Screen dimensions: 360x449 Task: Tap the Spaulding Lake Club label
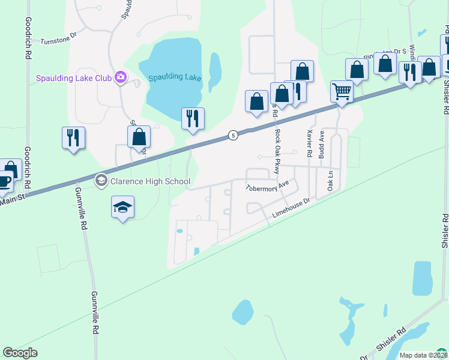coord(74,77)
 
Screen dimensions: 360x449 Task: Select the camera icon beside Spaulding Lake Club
coord(121,77)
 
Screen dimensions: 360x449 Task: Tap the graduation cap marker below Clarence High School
coord(122,208)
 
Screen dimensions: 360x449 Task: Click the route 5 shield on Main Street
coord(233,136)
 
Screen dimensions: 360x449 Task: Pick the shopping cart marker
coord(342,92)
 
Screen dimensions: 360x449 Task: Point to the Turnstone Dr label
coord(59,41)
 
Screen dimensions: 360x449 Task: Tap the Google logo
coord(20,353)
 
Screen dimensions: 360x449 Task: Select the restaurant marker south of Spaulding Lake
coord(193,118)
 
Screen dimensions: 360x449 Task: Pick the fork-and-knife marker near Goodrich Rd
coord(73,137)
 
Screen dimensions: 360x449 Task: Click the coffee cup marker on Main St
coord(3,182)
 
